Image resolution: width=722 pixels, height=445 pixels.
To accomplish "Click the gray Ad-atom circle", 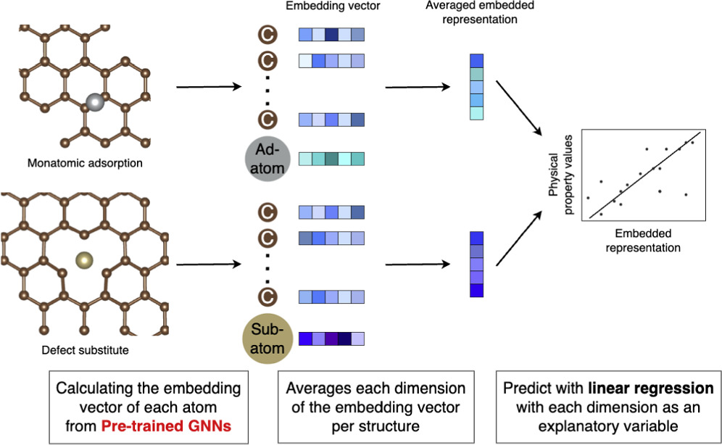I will click(267, 159).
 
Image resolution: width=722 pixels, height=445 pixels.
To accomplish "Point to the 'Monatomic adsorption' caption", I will click(85, 163).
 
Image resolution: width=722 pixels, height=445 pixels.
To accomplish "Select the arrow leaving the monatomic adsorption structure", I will click(209, 88).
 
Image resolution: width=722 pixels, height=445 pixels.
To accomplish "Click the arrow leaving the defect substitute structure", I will click(209, 264).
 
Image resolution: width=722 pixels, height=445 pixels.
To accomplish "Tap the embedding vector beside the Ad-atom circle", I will click(331, 159).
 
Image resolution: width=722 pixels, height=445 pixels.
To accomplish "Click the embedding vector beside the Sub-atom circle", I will click(331, 339).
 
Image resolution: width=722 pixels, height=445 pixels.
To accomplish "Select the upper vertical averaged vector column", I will click(476, 87).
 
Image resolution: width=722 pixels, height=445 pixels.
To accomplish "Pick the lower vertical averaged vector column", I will click(476, 264).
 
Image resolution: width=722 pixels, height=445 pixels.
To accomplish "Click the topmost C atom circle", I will click(267, 34).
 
